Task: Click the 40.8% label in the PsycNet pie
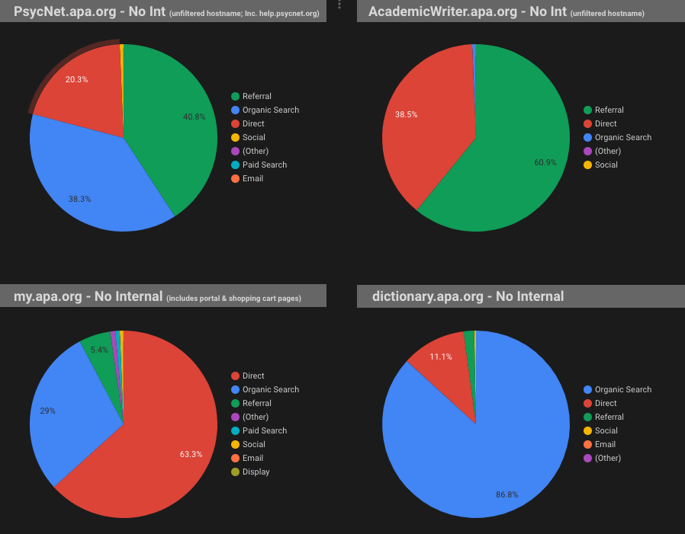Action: coord(194,117)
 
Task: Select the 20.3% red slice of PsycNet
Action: coord(76,79)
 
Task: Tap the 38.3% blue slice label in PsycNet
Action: coord(80,199)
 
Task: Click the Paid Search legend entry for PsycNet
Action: coord(264,165)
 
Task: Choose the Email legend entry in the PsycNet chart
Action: coord(252,178)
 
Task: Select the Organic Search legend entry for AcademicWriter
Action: coord(622,137)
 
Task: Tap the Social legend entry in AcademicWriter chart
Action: coord(606,165)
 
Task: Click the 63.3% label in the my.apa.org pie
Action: coord(191,454)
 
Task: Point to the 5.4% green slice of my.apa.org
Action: coord(100,350)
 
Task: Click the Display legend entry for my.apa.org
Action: coord(256,472)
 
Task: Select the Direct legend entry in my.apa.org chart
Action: coord(253,376)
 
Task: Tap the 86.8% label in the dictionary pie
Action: coord(507,494)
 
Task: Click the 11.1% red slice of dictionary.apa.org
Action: coord(441,357)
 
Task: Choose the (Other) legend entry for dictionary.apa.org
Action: coord(607,458)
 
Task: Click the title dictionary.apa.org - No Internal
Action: coord(468,296)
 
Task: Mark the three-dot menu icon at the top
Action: coord(339,5)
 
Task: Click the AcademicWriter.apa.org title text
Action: coord(468,11)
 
